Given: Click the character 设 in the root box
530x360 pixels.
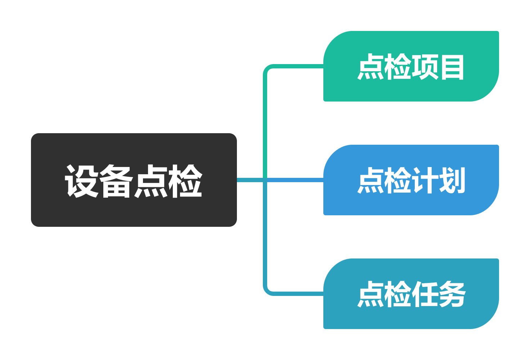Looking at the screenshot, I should tap(82, 181).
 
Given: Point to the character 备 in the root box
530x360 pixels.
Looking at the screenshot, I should tap(116, 181).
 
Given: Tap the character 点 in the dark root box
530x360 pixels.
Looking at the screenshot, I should tap(151, 181).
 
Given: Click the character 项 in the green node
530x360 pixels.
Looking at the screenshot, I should tap(425, 67).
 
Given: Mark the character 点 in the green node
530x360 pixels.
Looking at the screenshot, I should tap(371, 67).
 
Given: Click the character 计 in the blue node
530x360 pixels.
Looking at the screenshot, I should tap(425, 180).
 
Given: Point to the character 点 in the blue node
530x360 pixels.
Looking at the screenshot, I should tap(371, 180).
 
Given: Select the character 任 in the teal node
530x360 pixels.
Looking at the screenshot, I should tap(425, 294).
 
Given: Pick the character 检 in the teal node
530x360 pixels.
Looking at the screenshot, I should tap(398, 294).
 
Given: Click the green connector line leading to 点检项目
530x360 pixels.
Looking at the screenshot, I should tap(265, 108).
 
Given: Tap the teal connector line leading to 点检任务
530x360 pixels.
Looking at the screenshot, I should tap(265, 252).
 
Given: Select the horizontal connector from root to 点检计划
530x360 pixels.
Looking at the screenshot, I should tap(295, 180).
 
